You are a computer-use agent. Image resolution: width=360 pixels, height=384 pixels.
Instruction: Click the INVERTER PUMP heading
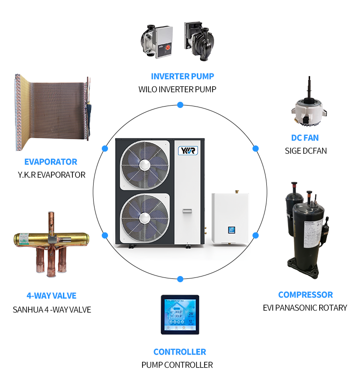click(182, 76)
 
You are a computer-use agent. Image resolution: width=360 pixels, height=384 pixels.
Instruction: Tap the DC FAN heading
click(304, 138)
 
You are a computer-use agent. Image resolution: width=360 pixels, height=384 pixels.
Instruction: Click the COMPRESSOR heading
click(305, 295)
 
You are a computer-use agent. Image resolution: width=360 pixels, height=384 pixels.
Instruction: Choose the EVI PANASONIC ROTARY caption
click(305, 308)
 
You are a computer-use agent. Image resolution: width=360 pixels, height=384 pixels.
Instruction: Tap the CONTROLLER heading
click(180, 352)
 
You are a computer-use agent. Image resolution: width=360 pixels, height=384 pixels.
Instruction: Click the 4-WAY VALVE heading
click(51, 296)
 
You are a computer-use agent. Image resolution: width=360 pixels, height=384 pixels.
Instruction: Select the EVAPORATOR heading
click(50, 162)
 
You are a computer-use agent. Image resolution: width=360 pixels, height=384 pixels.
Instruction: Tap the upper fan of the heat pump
click(145, 163)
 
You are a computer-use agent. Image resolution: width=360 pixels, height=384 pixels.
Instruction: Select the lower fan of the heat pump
click(144, 218)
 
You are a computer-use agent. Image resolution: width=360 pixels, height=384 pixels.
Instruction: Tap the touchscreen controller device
click(180, 315)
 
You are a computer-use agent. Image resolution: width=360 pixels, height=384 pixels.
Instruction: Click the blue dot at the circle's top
click(180, 105)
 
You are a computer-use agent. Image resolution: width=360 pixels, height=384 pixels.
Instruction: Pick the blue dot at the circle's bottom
click(180, 278)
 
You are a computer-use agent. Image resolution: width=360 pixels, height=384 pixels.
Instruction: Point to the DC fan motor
click(305, 108)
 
